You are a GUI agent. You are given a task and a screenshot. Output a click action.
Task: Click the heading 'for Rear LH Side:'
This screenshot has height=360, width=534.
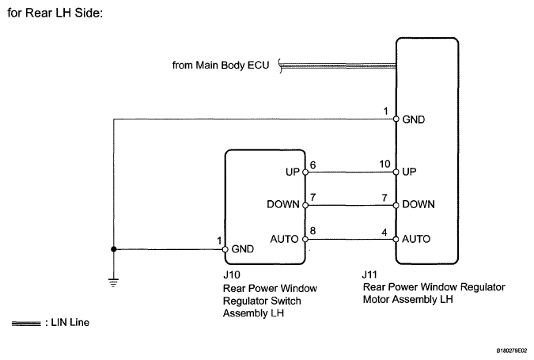pos(55,13)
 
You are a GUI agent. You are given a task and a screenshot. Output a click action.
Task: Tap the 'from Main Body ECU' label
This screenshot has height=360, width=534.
pos(221,65)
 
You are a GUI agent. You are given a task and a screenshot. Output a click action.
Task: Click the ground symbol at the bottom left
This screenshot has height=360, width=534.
pos(114,282)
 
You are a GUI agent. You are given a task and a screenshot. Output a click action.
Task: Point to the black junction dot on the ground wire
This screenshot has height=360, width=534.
pos(114,249)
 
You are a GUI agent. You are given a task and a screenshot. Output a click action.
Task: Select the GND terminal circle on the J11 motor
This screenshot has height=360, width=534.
pos(396,119)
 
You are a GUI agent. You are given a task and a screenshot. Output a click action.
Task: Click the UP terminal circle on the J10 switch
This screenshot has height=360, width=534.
pos(305,172)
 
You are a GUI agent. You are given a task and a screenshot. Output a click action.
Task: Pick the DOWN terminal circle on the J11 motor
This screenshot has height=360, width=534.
pos(396,206)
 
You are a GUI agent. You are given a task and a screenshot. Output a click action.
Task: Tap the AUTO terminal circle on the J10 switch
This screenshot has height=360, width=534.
pos(305,240)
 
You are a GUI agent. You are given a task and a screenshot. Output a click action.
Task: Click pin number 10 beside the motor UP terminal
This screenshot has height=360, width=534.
pos(384,164)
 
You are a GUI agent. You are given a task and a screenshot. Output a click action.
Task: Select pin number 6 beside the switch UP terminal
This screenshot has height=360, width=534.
pos(313,165)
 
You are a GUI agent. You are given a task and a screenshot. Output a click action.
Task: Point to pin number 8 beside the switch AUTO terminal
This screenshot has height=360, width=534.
pos(313,231)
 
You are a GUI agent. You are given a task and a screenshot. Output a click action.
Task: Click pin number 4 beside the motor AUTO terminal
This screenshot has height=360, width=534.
pos(384,233)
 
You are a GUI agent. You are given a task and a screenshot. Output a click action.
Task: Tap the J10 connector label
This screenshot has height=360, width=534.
pos(232,275)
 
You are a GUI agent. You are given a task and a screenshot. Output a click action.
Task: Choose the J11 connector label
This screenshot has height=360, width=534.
pos(369,275)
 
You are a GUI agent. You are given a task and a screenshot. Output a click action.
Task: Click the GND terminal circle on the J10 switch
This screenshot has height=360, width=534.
pos(225,249)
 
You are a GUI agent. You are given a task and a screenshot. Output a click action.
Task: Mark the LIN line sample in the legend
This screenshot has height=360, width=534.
pos(26,324)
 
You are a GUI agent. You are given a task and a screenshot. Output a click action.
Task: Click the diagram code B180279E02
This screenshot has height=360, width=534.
pos(512,351)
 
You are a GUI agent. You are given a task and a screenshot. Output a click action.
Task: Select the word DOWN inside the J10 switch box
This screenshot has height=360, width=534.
pos(283,204)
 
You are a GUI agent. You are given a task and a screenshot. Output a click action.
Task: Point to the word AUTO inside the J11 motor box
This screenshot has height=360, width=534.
pos(416,239)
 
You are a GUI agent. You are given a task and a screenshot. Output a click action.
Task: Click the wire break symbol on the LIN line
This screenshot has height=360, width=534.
pos(281,66)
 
